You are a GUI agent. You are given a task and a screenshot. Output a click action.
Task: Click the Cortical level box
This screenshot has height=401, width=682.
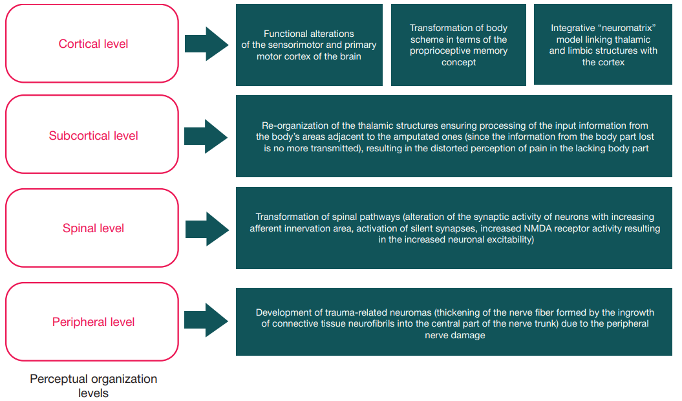[92, 44]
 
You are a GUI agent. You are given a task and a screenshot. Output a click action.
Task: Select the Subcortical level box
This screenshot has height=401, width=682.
[92, 135]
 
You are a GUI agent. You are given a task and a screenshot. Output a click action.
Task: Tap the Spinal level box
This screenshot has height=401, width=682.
[92, 228]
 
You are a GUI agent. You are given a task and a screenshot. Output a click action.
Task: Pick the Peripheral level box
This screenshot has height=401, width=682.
[92, 321]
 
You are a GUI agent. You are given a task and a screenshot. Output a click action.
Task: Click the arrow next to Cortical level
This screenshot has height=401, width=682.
[206, 44]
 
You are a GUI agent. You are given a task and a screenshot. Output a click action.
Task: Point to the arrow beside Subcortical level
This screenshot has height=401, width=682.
[206, 136]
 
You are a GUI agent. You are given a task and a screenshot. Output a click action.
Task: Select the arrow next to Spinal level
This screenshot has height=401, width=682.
[206, 229]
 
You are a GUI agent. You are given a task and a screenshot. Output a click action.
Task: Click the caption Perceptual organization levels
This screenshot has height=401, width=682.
[93, 385]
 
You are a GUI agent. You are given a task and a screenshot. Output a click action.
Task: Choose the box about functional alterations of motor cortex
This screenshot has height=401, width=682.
[309, 45]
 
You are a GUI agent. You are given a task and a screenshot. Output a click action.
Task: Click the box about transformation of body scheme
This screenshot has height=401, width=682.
[458, 45]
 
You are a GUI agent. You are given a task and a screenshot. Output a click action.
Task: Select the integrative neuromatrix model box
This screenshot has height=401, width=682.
[603, 45]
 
